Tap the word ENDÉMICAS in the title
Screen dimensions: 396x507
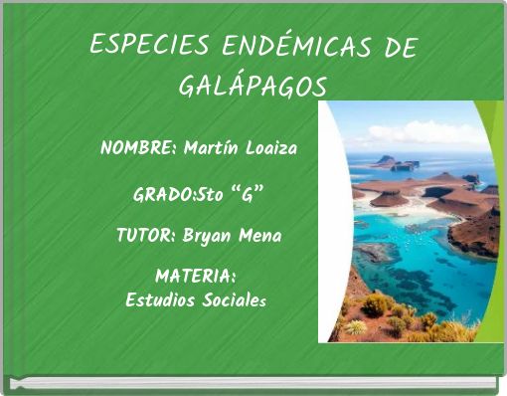pos(282,46)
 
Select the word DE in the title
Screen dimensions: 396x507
pos(398,46)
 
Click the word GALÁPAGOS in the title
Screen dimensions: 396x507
pos(252,87)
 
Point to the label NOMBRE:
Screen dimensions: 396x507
pos(138,149)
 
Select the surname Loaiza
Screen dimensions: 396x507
pos(271,149)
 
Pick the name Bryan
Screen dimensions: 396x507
pos(209,237)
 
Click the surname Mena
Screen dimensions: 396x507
pos(260,237)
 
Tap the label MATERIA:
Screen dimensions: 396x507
pos(195,275)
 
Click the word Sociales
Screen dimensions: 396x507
pos(234,298)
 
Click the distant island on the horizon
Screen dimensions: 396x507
pos(393,162)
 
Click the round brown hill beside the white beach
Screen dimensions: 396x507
pos(389,199)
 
